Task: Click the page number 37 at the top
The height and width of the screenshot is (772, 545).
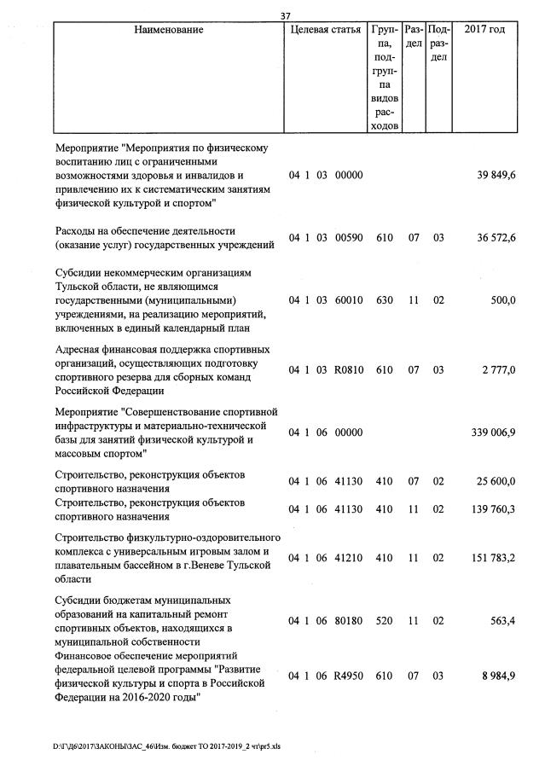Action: tap(285, 15)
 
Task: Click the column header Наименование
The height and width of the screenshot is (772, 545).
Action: tap(168, 30)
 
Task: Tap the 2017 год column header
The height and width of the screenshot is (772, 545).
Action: tap(484, 30)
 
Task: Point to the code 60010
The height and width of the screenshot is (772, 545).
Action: tap(349, 301)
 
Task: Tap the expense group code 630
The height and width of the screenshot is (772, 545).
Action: tap(384, 301)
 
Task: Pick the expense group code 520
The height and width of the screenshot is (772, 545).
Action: tap(384, 622)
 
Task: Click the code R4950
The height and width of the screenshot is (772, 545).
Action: tap(349, 676)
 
